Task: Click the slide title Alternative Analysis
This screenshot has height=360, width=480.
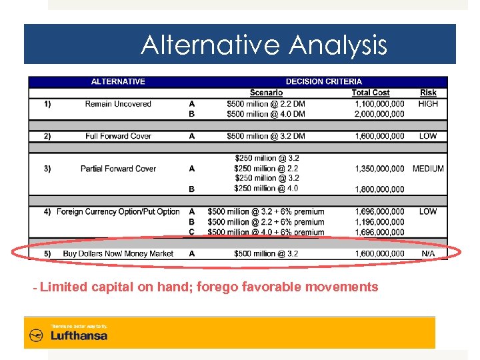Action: click(263, 45)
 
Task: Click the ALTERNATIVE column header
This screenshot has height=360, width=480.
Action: click(118, 82)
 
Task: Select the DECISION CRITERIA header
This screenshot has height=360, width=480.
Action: click(324, 82)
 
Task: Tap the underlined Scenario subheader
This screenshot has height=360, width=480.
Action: click(266, 93)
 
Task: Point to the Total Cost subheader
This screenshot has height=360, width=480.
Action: click(371, 93)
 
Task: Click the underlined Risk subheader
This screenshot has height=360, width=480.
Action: click(428, 93)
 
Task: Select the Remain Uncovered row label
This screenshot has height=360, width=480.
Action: click(118, 104)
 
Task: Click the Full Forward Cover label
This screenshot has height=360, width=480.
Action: click(118, 136)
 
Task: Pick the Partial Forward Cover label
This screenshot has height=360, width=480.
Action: click(118, 169)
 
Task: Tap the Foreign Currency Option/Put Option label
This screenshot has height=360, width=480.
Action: click(118, 212)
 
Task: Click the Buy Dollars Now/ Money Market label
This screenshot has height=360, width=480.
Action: click(118, 254)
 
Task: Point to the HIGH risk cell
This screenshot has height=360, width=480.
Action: click(428, 104)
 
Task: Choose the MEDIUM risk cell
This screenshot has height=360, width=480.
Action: click(428, 169)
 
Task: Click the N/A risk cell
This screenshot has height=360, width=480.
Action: click(428, 254)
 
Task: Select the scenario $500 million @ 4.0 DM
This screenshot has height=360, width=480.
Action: click(266, 114)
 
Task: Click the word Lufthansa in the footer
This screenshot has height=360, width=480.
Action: click(79, 336)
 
